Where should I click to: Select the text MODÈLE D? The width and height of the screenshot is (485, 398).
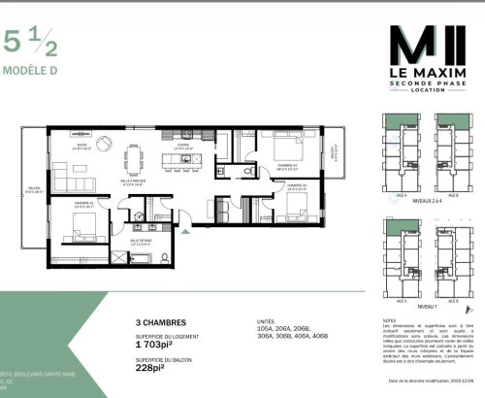pyautogui.click(x=28, y=70)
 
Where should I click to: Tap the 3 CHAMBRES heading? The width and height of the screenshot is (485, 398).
pyautogui.click(x=159, y=321)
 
